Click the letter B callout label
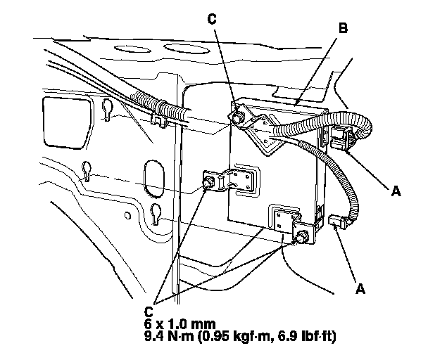pos(343,30)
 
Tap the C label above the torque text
pos(149,310)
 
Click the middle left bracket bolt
pos(209,183)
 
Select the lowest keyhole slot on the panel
pos(156,212)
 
